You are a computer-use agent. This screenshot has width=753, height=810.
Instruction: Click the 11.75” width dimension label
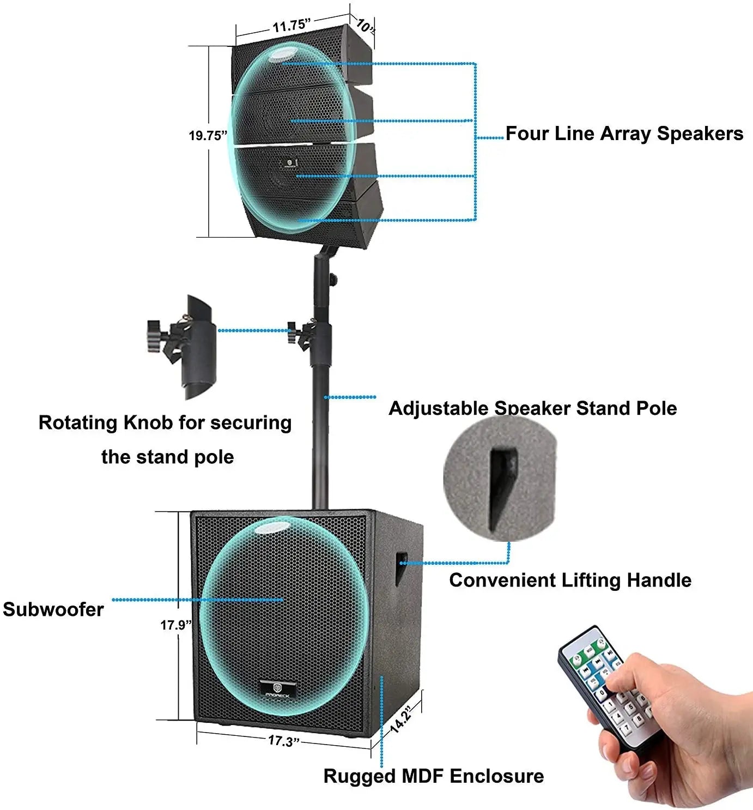(x=292, y=26)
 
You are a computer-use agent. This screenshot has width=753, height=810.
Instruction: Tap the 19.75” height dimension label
(x=208, y=136)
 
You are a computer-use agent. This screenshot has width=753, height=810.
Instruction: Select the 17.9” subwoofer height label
(x=176, y=625)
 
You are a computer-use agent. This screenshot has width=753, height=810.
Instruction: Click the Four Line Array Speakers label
(x=624, y=134)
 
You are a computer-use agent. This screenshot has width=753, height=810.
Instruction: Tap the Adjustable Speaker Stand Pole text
(x=532, y=408)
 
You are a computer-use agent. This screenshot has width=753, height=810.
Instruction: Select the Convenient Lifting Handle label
(x=570, y=580)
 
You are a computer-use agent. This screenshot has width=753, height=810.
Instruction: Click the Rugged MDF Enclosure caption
(x=434, y=776)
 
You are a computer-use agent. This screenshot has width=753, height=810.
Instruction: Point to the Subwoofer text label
(x=53, y=609)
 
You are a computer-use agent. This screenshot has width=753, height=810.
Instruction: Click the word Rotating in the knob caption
(x=78, y=422)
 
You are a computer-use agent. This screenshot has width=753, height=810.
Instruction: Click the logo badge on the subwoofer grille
(x=278, y=689)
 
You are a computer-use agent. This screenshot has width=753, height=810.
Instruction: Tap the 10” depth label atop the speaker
(x=364, y=25)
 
